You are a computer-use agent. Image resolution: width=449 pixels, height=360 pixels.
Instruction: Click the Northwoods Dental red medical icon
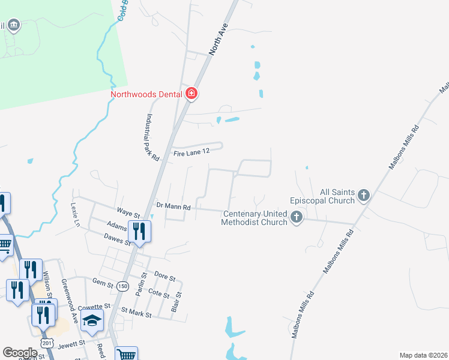tap(191, 94)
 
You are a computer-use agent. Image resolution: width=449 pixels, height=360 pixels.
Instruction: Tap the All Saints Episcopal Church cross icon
tap(363, 195)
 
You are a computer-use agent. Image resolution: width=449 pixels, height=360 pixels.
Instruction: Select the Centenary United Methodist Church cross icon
tap(296, 217)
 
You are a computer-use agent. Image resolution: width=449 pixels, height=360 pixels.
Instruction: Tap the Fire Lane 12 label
tap(191, 153)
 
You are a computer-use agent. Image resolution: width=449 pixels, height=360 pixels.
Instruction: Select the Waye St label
tap(128, 214)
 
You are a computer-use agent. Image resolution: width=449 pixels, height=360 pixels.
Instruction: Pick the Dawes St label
tap(116, 239)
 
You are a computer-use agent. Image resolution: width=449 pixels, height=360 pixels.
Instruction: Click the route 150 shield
tap(122, 286)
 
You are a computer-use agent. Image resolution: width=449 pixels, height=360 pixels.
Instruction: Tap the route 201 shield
tap(47, 342)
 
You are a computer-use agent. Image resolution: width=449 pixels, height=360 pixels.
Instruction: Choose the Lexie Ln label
tap(76, 215)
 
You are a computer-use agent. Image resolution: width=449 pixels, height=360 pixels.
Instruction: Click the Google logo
tap(20, 353)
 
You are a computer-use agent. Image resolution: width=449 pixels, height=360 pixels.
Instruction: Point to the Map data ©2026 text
tap(423, 355)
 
